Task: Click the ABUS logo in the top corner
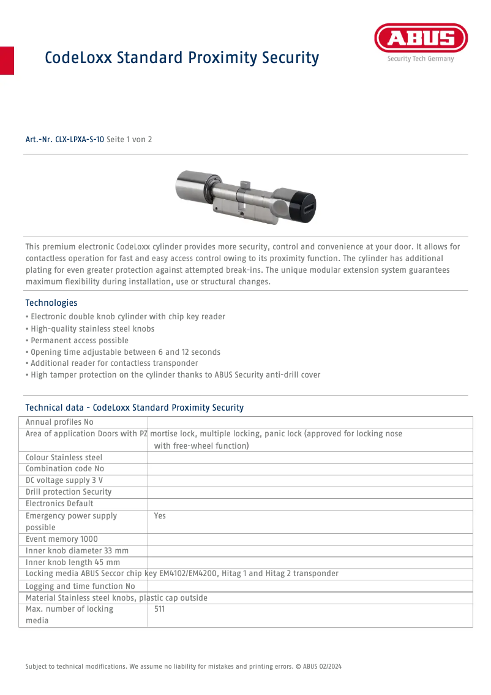coord(421,39)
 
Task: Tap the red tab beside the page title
coord(7,60)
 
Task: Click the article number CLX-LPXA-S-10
coord(64,140)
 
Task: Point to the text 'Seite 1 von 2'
coord(129,140)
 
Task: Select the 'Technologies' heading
coord(51,303)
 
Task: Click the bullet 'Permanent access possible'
coord(78,341)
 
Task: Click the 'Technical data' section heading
coord(134,408)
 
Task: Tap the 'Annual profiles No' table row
coord(59,422)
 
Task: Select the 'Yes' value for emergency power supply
coord(160,516)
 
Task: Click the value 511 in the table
coord(159,609)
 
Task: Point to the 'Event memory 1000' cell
coord(61,539)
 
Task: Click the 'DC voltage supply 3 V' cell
coord(64,480)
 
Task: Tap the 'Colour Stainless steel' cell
coord(64,458)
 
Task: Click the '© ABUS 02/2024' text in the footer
coord(321,666)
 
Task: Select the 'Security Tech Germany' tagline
coord(420,59)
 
